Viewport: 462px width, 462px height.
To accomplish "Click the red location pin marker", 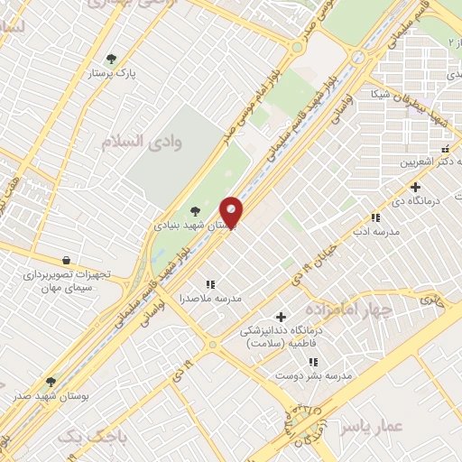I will click(x=232, y=214).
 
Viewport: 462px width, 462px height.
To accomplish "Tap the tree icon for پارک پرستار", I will click(x=112, y=59).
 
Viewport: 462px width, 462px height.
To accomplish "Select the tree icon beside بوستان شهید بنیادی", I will click(x=195, y=211).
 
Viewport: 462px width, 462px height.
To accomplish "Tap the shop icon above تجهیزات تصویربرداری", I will click(x=66, y=261).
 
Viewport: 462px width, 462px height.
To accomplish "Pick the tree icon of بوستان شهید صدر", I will click(x=51, y=382).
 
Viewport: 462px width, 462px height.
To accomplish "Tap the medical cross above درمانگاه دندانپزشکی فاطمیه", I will click(x=282, y=317).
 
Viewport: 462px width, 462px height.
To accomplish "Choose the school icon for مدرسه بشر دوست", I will click(x=313, y=361).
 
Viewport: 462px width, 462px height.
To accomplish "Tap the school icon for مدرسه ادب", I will click(x=376, y=217).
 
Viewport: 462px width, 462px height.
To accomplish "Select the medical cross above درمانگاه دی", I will click(x=414, y=187).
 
